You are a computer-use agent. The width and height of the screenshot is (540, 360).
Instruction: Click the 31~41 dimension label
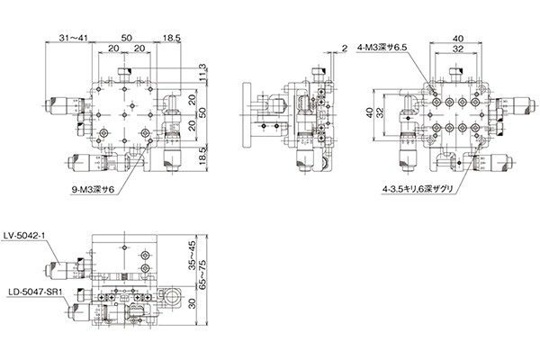pos(74,38)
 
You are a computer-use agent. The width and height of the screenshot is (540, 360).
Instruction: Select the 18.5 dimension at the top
pos(172,38)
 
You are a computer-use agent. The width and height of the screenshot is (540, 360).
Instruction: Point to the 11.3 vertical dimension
pos(202,74)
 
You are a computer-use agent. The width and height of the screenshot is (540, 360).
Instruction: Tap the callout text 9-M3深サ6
pos(93,189)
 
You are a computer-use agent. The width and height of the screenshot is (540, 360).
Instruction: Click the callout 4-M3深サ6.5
pos(382,48)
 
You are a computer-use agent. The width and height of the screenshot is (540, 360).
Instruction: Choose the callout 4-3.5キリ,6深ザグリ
pos(418,189)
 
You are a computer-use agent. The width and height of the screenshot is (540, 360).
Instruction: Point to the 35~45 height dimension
pos(192,255)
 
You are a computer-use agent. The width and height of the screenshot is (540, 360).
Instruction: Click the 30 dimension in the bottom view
pos(192,303)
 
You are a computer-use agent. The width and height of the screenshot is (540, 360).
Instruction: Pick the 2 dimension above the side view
pos(345,49)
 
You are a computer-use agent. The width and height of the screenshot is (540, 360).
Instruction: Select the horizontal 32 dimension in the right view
pos(457,49)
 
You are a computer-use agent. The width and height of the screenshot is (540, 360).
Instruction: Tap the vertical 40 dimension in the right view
pos(369,113)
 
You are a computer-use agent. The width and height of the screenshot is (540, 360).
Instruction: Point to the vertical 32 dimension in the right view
pos(379,113)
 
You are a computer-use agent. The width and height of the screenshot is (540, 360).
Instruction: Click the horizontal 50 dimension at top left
pos(126,38)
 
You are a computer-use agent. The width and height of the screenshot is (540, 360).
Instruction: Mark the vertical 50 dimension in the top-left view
pos(202,112)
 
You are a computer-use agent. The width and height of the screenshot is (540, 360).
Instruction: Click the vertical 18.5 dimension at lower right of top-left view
pos(202,156)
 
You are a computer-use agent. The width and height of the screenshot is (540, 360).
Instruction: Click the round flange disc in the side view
pos(247,115)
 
